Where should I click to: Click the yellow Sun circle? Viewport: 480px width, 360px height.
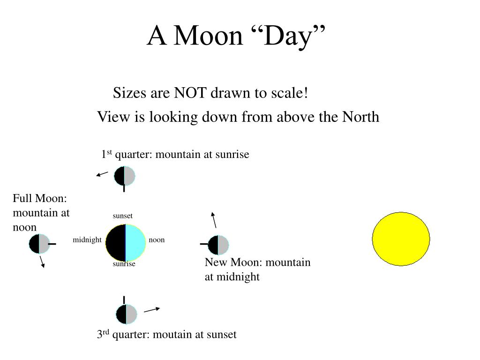point(401,239)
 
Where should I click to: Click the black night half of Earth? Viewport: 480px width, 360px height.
point(116,242)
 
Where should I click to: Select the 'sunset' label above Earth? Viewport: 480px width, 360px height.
point(122,216)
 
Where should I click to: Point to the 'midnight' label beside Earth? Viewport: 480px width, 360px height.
point(87,240)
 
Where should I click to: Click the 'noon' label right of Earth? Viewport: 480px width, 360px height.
point(157,240)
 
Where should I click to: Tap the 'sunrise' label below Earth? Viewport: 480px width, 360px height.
point(124,263)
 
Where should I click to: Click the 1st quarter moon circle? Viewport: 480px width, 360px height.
point(125,176)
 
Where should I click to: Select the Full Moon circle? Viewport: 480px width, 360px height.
point(39,244)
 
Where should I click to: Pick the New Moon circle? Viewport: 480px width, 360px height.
point(218,245)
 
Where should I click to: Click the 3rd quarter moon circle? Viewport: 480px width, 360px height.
point(127,314)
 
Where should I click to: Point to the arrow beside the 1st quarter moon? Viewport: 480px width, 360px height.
point(102,174)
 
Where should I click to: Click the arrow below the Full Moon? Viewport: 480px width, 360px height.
point(42,262)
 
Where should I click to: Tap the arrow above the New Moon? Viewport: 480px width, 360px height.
point(214,220)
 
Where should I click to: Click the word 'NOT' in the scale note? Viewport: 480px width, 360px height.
point(190,93)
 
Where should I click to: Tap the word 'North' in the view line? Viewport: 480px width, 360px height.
point(360,117)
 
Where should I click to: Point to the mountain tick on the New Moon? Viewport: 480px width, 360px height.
point(204,244)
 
